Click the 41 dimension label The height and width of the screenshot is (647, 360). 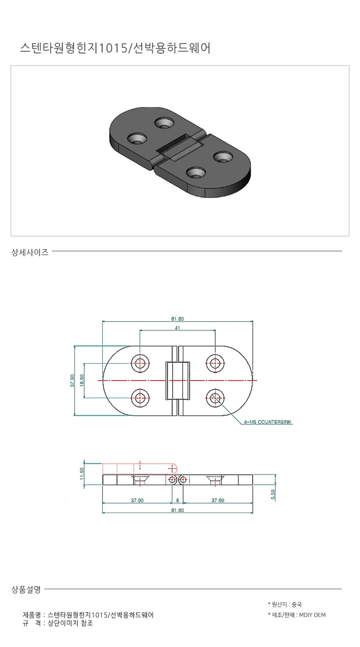177,328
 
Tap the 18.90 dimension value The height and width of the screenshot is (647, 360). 82,380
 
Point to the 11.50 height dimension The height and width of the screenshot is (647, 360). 82,473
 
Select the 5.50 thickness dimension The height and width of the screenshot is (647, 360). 273,495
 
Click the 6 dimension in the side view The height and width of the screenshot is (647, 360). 177,500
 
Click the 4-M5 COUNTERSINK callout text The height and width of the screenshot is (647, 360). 267,422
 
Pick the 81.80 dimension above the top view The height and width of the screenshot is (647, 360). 177,319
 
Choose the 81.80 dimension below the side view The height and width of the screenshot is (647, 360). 177,510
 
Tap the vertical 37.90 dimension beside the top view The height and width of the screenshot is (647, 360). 72,380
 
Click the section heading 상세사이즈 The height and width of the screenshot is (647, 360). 30,252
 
